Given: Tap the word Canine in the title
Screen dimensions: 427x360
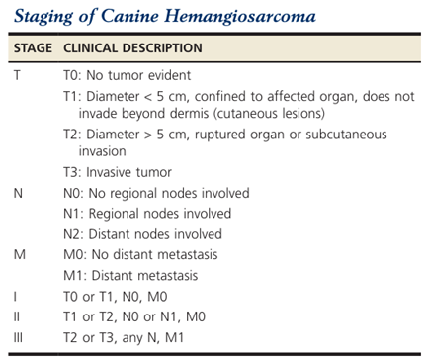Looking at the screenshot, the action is tap(129, 15).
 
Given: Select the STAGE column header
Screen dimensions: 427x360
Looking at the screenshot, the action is tap(33, 48).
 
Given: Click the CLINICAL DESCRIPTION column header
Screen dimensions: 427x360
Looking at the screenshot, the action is tap(132, 48).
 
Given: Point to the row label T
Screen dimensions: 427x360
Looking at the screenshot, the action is tap(17, 75).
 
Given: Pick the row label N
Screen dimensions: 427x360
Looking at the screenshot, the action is tap(18, 193).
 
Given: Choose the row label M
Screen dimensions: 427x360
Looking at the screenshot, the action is tap(19, 254).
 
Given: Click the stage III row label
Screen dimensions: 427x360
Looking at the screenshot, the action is tap(18, 337).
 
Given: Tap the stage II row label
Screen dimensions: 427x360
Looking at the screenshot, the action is tap(17, 316).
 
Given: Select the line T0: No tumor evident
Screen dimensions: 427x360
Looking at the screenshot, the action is tap(127, 75).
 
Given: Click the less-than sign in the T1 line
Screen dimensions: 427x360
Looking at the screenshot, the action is tap(148, 97).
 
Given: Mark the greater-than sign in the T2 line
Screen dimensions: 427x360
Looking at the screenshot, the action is tap(148, 135).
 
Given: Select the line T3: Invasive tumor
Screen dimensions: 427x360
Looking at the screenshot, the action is tap(118, 172).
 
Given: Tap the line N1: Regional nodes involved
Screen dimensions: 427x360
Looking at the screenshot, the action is tap(147, 214).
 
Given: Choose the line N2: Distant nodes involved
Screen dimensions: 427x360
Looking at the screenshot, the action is tap(142, 234).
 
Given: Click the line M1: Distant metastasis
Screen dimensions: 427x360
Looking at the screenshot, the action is tap(130, 275).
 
